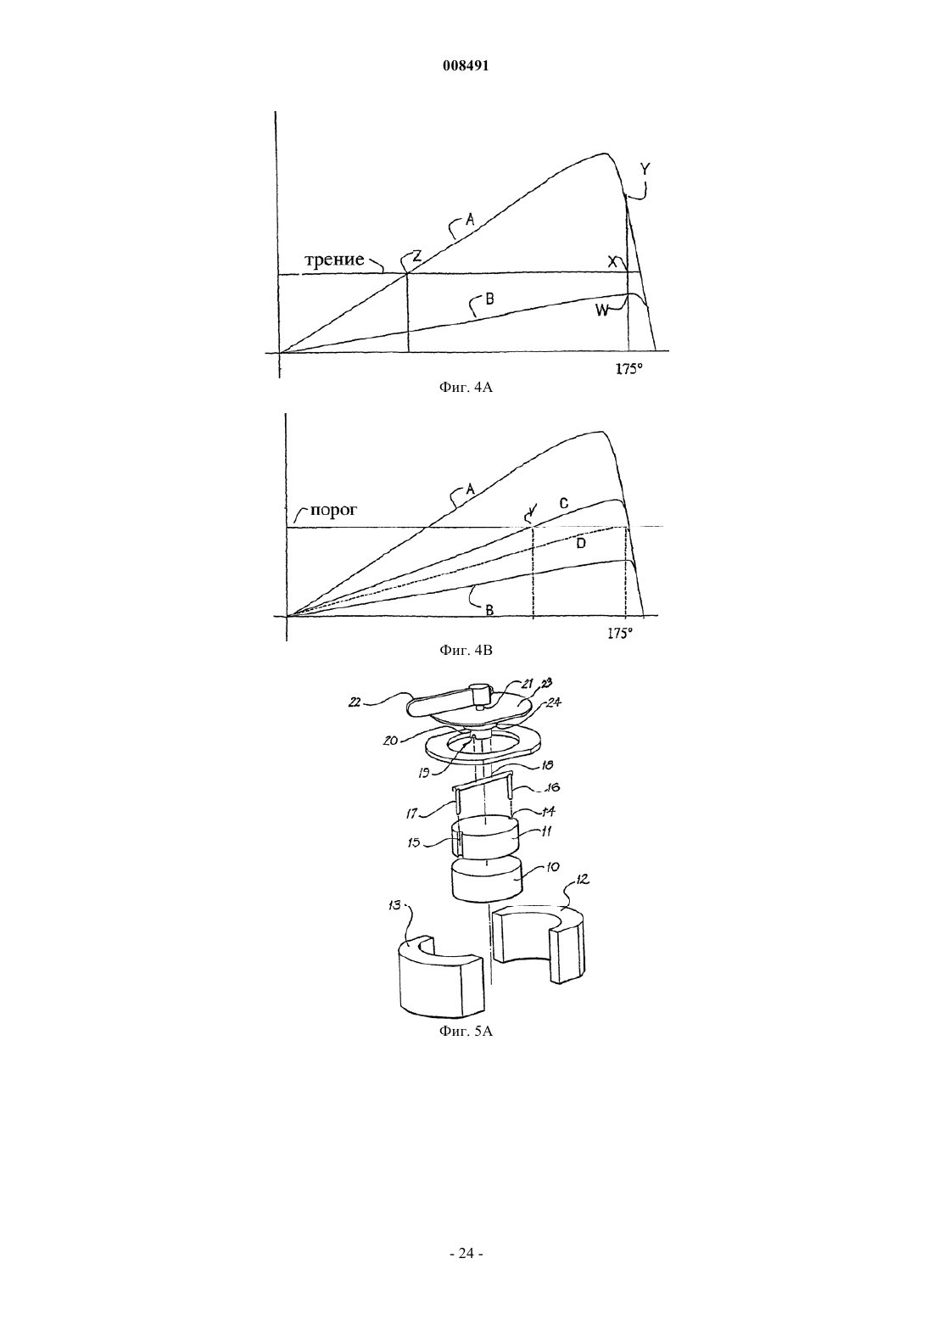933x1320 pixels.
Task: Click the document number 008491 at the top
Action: click(x=466, y=66)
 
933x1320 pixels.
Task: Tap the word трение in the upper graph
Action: click(x=334, y=260)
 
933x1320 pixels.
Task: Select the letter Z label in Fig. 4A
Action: click(x=416, y=255)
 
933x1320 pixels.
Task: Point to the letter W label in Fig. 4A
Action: click(x=601, y=310)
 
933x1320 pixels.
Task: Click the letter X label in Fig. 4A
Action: click(x=612, y=261)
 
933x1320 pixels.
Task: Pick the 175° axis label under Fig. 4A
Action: click(x=629, y=369)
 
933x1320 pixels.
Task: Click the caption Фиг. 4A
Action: click(x=466, y=387)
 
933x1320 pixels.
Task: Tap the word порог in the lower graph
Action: click(x=333, y=511)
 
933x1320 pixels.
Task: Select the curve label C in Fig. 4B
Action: click(x=564, y=503)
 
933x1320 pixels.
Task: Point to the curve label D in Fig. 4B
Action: click(x=581, y=543)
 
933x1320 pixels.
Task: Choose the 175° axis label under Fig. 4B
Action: click(x=620, y=634)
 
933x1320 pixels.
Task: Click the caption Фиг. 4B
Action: click(x=466, y=650)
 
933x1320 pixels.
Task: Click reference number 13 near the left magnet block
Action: click(x=394, y=904)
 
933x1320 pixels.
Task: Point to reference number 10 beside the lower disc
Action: click(x=552, y=867)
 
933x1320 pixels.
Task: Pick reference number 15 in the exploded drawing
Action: click(x=414, y=842)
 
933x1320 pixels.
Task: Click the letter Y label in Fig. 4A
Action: click(x=645, y=169)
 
